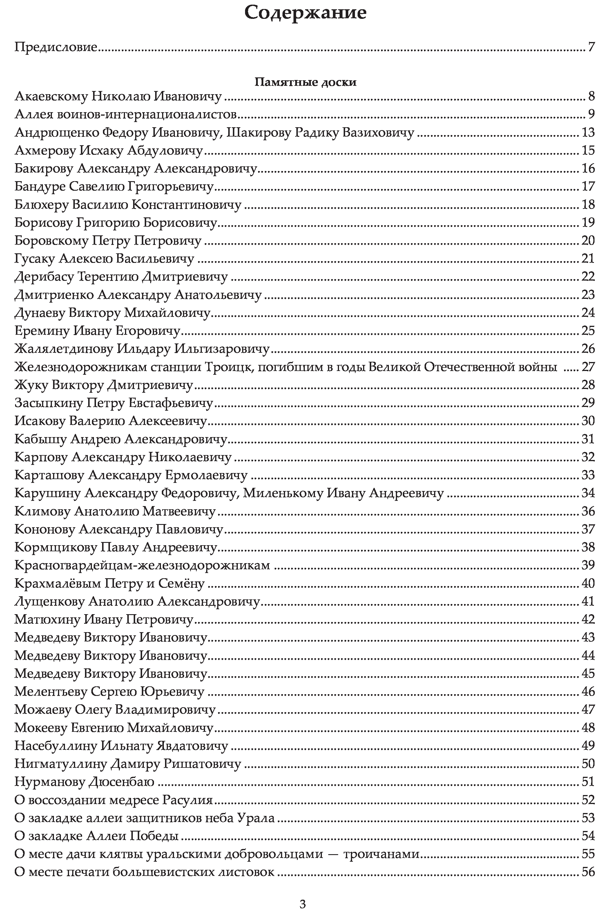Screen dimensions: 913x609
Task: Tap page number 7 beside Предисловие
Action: [x=591, y=47]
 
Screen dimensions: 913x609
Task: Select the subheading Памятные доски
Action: [x=305, y=82]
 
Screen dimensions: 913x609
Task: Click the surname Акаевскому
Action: [x=51, y=96]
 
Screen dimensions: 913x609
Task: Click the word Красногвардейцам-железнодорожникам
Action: [x=142, y=565]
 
